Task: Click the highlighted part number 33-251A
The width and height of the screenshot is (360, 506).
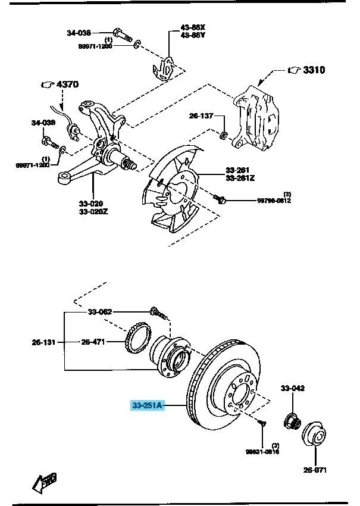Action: click(x=147, y=406)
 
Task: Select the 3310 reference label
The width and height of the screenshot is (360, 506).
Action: click(x=314, y=70)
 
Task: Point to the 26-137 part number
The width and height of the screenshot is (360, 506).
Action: click(x=201, y=115)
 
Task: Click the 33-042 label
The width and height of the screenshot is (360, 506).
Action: click(x=293, y=389)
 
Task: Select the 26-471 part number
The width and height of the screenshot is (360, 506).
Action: click(x=94, y=342)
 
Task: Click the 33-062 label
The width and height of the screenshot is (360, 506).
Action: click(x=100, y=311)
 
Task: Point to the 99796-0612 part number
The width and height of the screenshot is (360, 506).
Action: click(x=274, y=201)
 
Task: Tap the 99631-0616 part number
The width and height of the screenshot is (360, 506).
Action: click(x=262, y=452)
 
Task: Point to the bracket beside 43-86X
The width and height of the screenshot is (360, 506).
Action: click(x=167, y=67)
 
